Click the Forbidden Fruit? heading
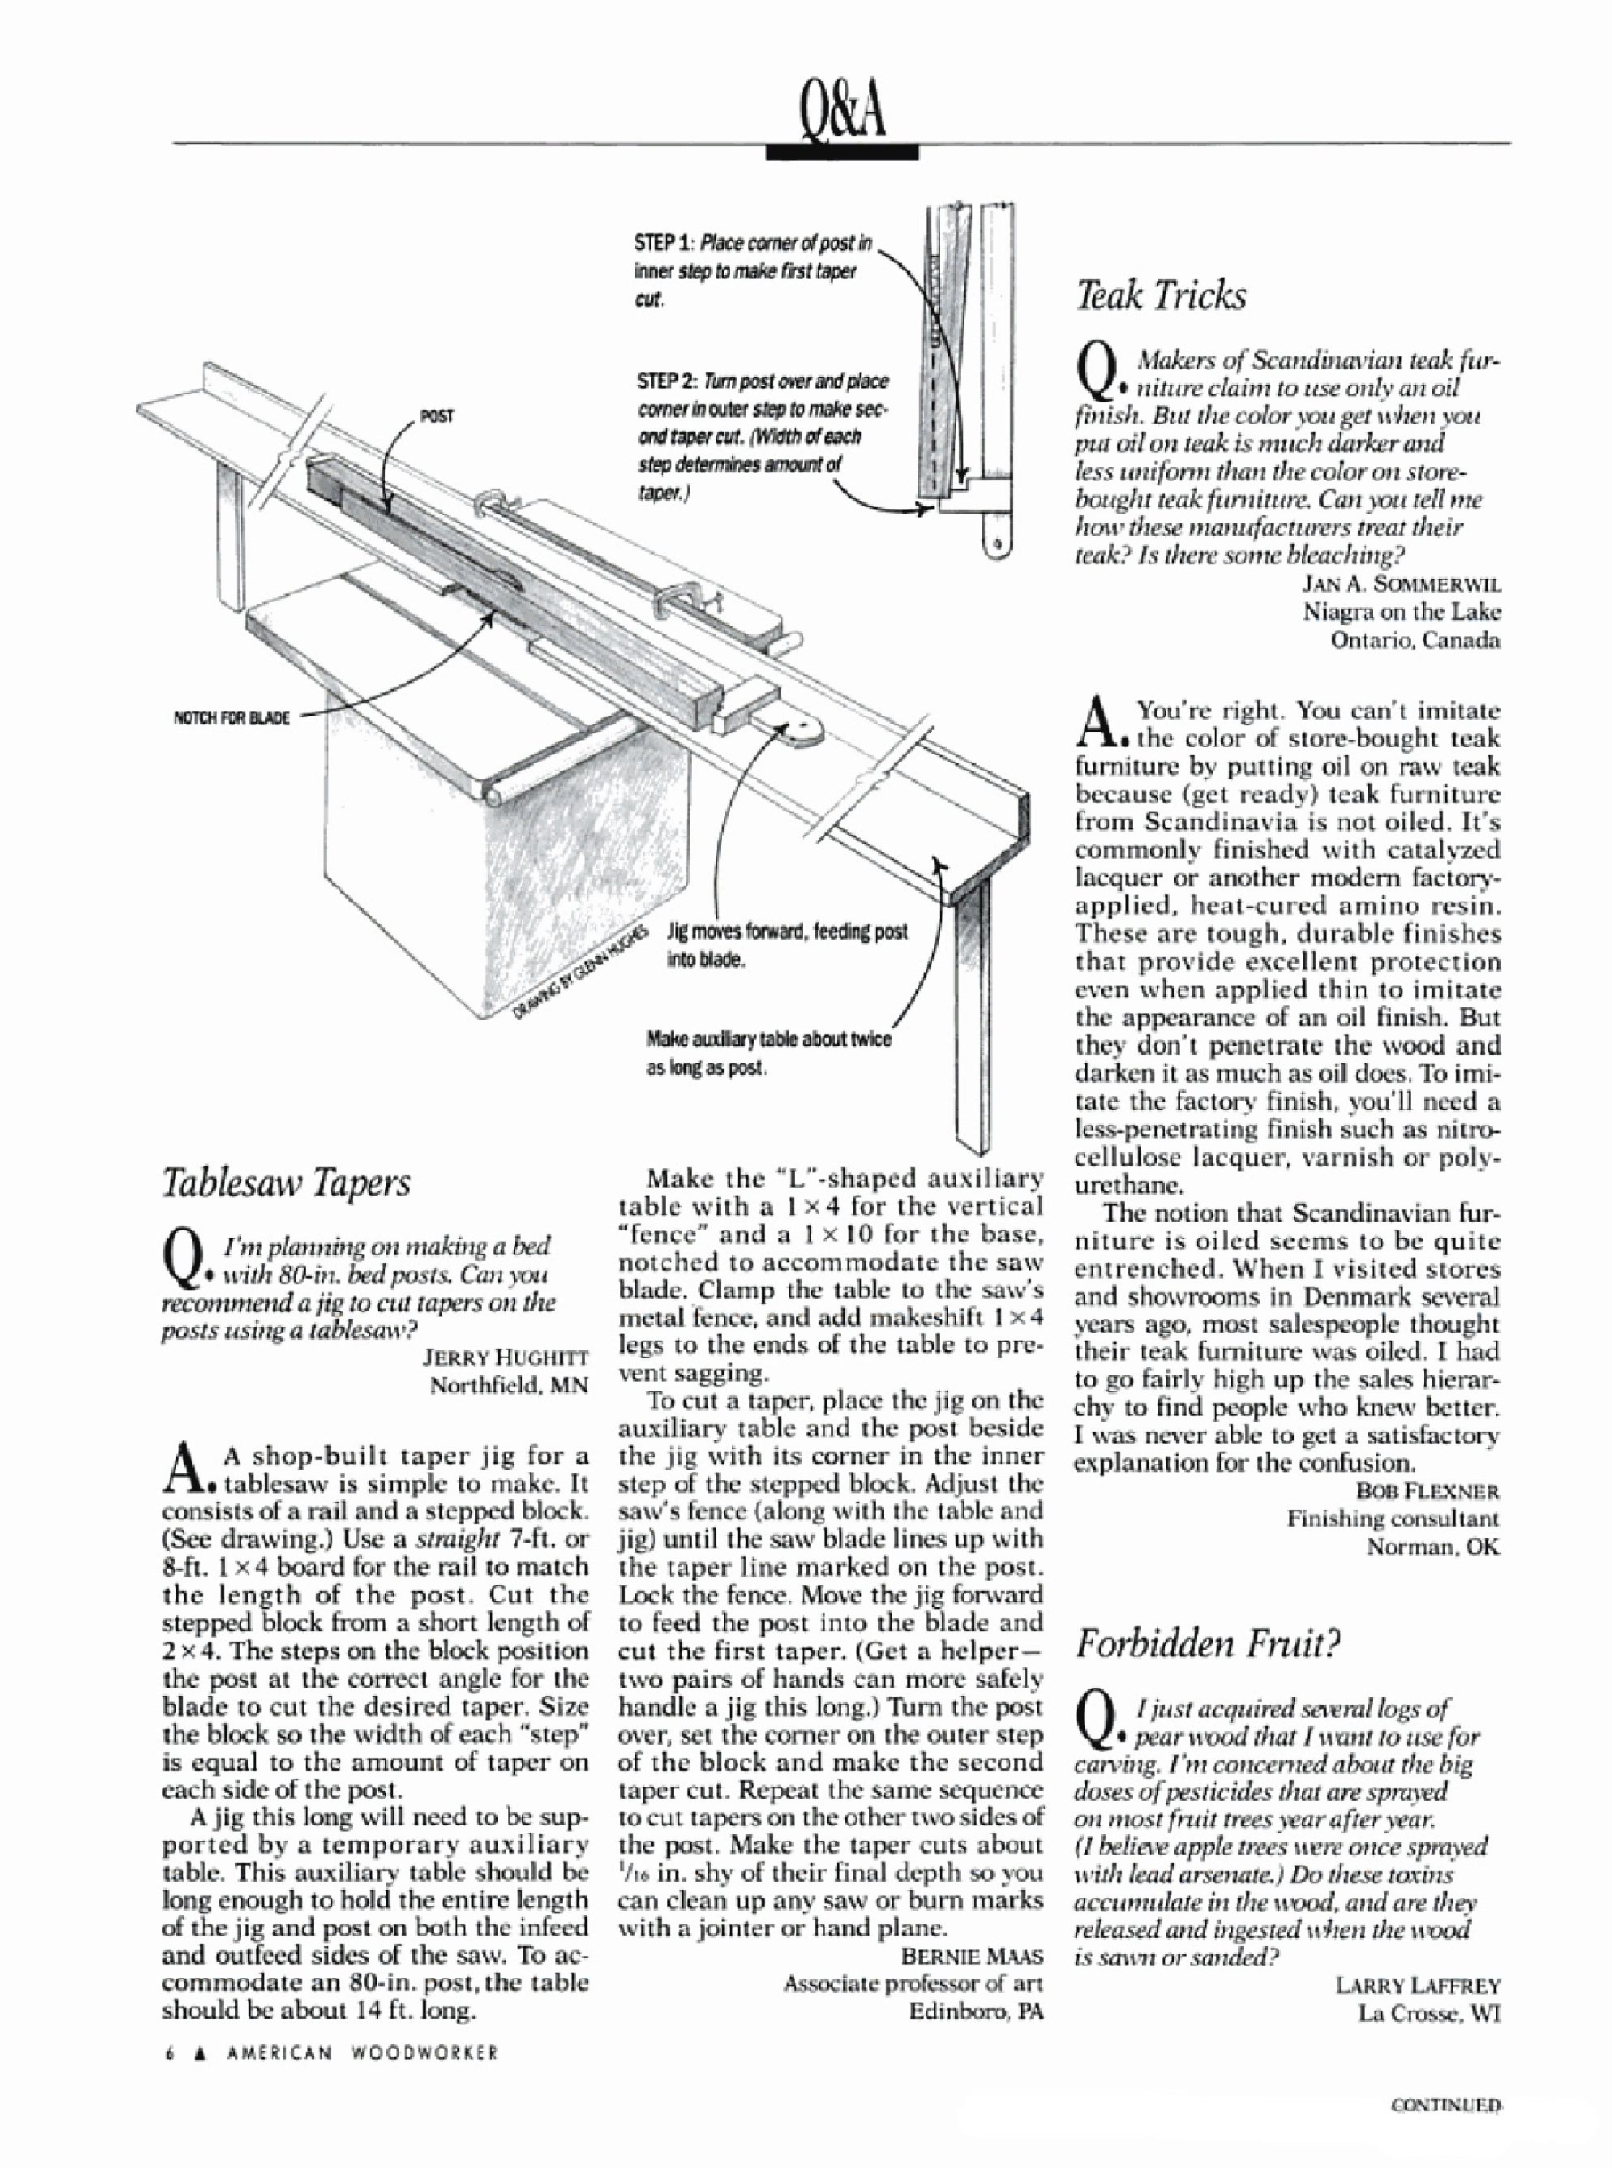[x=1207, y=1644]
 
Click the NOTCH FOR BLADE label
[x=230, y=718]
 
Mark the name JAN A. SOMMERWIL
[x=1402, y=584]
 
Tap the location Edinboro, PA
[x=975, y=2011]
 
